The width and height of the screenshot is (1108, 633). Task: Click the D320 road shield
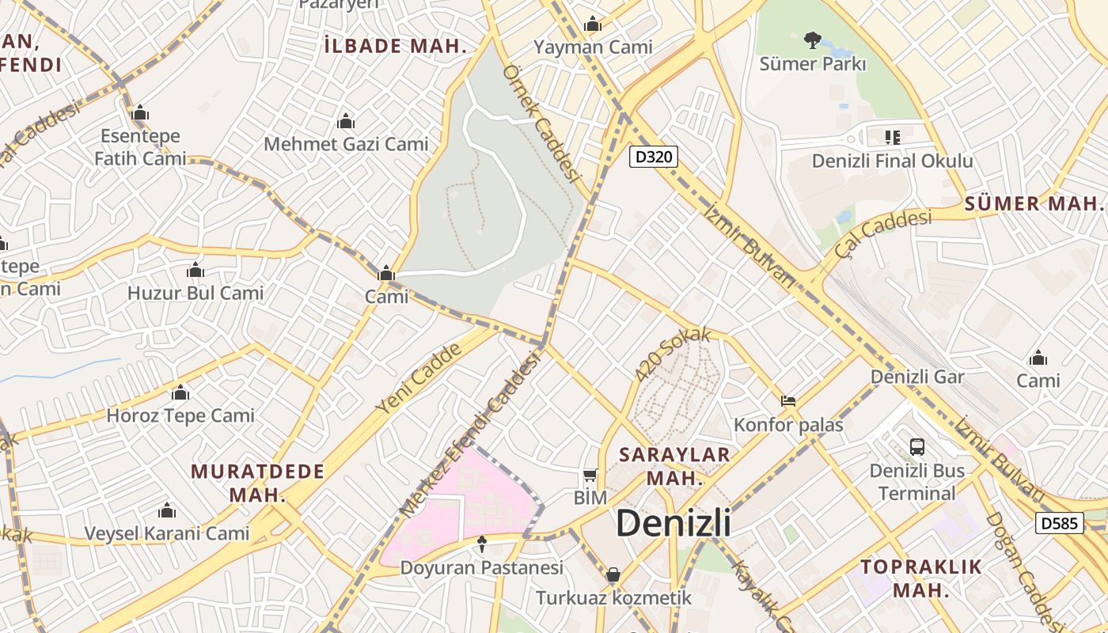pyautogui.click(x=654, y=157)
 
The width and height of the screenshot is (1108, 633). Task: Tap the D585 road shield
pyautogui.click(x=1059, y=523)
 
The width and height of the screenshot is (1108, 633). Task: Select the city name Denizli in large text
pyautogui.click(x=673, y=523)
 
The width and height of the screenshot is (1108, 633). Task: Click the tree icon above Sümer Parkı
pyautogui.click(x=812, y=39)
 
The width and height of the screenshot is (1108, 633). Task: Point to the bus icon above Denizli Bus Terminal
pyautogui.click(x=916, y=446)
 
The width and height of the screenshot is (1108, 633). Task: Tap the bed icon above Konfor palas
pyautogui.click(x=788, y=401)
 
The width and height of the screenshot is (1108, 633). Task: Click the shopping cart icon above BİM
pyautogui.click(x=590, y=476)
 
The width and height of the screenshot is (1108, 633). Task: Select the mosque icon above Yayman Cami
pyautogui.click(x=593, y=25)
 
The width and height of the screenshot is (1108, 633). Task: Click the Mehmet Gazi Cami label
pyautogui.click(x=346, y=144)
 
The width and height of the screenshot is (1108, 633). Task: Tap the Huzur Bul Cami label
pyautogui.click(x=195, y=293)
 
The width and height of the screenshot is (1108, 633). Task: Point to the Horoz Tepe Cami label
pyautogui.click(x=180, y=415)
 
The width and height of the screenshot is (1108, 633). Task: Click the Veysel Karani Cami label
pyautogui.click(x=167, y=533)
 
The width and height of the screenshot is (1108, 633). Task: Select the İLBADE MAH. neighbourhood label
pyautogui.click(x=396, y=46)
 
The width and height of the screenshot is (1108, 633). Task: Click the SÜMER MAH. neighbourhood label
pyautogui.click(x=1033, y=203)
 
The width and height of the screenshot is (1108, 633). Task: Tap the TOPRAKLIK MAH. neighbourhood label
pyautogui.click(x=921, y=578)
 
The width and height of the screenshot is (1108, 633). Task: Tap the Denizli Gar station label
pyautogui.click(x=917, y=377)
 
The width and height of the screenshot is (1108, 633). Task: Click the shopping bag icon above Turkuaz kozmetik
pyautogui.click(x=613, y=574)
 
